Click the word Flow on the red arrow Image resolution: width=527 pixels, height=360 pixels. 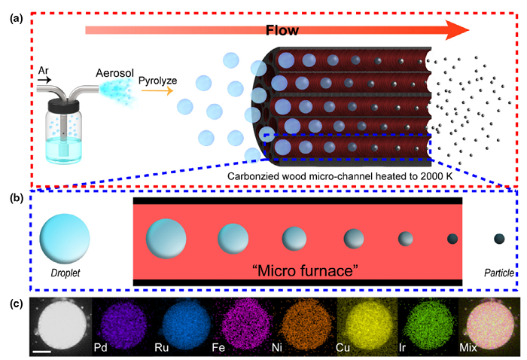[282, 31]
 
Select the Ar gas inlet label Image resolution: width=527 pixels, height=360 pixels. [44, 71]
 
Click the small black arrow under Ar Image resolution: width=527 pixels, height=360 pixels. [44, 80]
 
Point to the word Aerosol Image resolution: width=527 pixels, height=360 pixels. [114, 73]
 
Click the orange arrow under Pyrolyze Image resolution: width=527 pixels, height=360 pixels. [157, 90]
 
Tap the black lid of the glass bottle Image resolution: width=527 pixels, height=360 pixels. [64, 105]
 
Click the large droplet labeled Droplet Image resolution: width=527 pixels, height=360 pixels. [65, 239]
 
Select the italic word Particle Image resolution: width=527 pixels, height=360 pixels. [499, 273]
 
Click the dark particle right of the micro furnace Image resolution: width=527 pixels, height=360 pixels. [499, 239]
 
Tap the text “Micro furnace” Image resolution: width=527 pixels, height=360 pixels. [305, 270]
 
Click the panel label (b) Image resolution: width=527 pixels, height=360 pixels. [17, 198]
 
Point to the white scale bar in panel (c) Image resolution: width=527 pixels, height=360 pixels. [42, 352]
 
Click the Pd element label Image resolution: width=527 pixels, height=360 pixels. [100, 347]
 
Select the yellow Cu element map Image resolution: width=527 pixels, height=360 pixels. [367, 326]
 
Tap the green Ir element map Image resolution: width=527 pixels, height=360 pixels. [428, 326]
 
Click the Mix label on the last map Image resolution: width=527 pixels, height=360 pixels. [468, 347]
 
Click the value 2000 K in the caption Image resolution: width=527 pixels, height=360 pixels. [437, 176]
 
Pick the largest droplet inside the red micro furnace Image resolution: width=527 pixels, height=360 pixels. [166, 239]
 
